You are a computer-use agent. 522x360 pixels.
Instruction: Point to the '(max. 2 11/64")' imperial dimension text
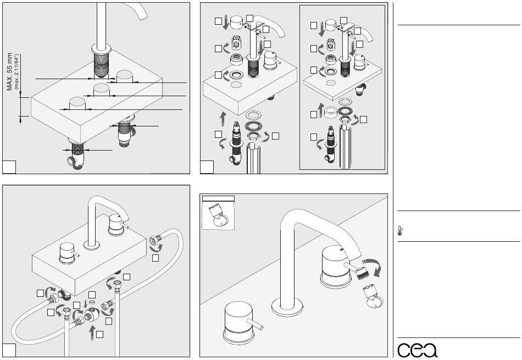pyautogui.click(x=18, y=71)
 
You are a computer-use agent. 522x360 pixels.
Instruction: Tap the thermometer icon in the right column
pyautogui.click(x=399, y=231)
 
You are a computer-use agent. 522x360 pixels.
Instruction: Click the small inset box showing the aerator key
pyautogui.click(x=218, y=212)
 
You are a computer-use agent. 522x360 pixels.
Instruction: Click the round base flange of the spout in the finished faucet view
pyautogui.click(x=289, y=304)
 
